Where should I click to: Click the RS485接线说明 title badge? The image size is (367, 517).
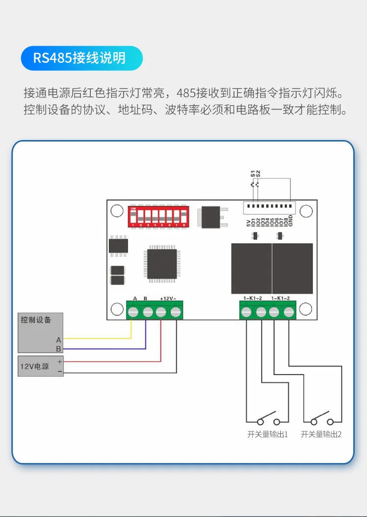click(x=81, y=58)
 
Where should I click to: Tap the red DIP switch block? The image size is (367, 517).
click(x=158, y=217)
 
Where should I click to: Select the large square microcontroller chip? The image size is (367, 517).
click(x=162, y=264)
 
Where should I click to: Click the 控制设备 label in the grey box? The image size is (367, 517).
click(x=36, y=320)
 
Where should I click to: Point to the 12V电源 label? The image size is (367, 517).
click(x=34, y=366)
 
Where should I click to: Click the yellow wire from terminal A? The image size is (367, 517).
click(x=98, y=338)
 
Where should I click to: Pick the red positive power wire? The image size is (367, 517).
click(x=113, y=361)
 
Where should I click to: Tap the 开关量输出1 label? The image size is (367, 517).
click(x=267, y=434)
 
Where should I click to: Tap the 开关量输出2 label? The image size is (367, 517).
click(x=321, y=434)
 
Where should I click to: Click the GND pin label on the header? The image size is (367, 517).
click(x=290, y=222)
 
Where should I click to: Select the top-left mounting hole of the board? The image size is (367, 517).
click(x=116, y=211)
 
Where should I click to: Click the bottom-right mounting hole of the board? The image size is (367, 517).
click(x=306, y=309)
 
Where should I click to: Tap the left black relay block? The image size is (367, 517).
click(x=251, y=268)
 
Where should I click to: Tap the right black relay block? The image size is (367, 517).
click(x=292, y=268)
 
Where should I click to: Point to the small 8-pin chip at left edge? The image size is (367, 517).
click(x=118, y=246)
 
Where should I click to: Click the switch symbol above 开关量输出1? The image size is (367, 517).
click(x=265, y=419)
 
